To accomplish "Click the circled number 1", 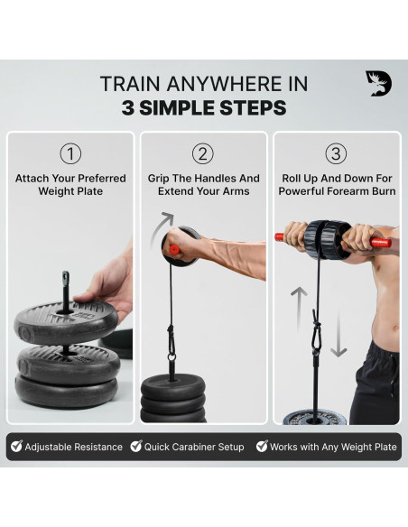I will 70,153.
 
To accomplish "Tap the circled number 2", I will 203,153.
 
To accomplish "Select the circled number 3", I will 337,153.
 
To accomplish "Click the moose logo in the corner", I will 378,84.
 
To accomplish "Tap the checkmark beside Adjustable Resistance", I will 16,447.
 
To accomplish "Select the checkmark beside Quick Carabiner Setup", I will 136,447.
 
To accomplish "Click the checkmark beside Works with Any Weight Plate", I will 262,447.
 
